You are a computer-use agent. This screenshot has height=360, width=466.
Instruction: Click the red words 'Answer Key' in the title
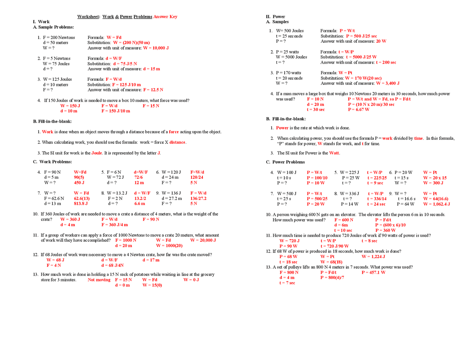[165, 17]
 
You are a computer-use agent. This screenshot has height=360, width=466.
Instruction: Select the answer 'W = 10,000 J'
[156, 48]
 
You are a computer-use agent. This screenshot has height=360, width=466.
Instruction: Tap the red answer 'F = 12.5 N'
[153, 90]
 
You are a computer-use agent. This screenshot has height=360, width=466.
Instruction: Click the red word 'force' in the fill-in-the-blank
[174, 132]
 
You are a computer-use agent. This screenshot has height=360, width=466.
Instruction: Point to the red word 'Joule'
[96, 153]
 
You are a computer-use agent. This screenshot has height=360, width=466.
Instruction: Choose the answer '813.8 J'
[81, 204]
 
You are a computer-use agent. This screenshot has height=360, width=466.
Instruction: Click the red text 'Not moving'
[99, 280]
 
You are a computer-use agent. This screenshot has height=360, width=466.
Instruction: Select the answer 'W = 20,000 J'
[203, 240]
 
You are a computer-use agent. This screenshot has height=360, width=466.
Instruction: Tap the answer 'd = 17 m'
[151, 260]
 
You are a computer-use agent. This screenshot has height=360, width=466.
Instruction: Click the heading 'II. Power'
[275, 17]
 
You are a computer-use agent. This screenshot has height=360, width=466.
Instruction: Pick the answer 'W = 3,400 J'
[388, 83]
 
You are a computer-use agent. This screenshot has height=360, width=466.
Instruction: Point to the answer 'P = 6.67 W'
[358, 110]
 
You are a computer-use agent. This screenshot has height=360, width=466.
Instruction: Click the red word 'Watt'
[334, 153]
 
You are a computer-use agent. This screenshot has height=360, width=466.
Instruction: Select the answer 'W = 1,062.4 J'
[436, 204]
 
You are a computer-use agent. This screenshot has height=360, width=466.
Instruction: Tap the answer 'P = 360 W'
[385, 230]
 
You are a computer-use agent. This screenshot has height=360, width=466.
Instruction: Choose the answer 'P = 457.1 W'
[373, 273]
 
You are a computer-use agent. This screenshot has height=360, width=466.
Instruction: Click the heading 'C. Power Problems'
[285, 162]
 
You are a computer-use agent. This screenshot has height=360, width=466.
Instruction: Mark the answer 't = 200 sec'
[386, 63]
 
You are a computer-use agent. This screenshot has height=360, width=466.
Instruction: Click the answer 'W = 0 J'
[191, 280]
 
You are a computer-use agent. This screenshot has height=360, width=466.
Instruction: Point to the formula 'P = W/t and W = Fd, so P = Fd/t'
[379, 99]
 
